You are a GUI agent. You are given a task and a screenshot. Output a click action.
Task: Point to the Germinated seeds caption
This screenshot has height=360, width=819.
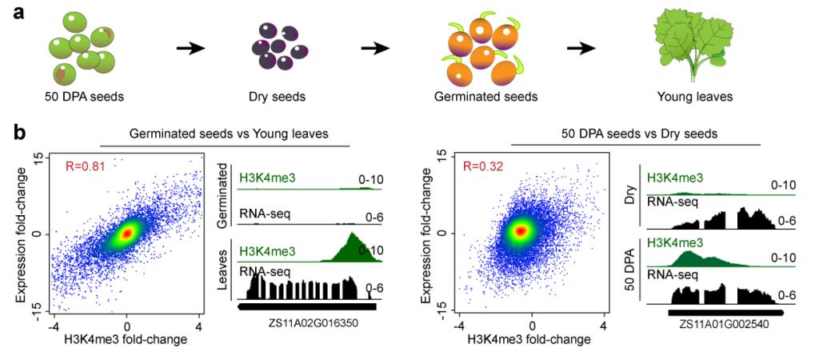pyautogui.click(x=485, y=98)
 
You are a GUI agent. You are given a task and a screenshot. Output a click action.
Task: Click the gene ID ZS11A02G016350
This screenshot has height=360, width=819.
pyautogui.click(x=307, y=324)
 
